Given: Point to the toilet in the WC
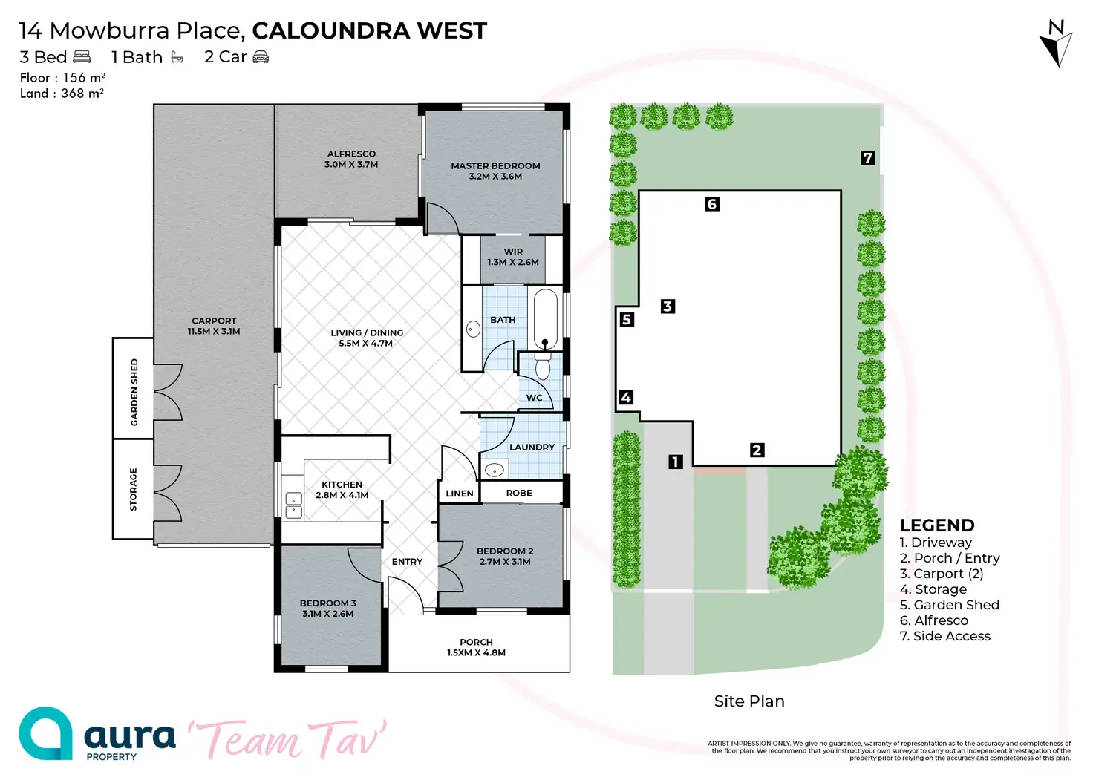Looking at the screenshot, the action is point(543,367).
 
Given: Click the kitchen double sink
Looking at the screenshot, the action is point(294,505).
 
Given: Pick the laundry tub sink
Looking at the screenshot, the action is point(495,470).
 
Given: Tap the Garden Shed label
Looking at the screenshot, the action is point(134,392).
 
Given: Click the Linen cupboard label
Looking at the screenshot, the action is point(460,494).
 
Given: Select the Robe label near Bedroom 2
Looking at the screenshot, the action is point(519,493).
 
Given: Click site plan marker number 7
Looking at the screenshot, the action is point(867,157).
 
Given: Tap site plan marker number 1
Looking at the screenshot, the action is point(675,462).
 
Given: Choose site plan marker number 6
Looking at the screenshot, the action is point(712,204).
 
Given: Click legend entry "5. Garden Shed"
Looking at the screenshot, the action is point(949,605).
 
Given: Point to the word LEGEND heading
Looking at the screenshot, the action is point(937,525).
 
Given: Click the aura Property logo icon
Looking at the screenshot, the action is point(45,733).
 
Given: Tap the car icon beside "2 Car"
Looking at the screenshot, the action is point(261,57).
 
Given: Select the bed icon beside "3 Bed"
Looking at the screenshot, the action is point(82,57).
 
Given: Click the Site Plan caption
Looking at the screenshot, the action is point(749,701).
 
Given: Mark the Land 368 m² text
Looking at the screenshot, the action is point(62,94).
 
